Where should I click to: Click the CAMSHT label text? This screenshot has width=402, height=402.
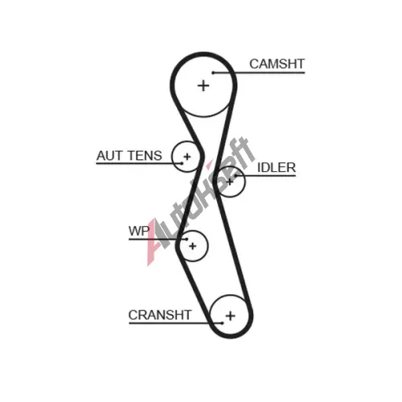pos(277,64)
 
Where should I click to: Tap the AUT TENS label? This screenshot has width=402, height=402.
pos(129,156)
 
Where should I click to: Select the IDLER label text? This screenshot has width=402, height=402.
pos(277,168)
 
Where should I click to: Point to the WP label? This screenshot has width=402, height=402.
pos(139,231)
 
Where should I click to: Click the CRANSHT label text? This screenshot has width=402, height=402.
pos(160,315)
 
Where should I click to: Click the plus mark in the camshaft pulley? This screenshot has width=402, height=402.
pos(203,86)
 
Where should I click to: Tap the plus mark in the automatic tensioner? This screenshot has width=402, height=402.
pos(187,157)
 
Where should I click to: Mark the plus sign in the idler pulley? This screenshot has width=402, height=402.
pos(230,183)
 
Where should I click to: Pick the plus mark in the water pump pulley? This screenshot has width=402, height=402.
pos(193,246)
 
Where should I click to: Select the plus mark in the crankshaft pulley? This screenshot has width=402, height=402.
pos(231,316)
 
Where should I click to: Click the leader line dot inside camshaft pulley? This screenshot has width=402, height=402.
pos(213,72)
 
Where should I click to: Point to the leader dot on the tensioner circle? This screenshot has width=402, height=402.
pos(182,163)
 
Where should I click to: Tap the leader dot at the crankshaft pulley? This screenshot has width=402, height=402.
pos(222,323)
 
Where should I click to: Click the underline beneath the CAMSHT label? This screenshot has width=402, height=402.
pos(259,72)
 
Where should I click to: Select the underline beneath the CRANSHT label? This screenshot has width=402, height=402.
pos(175,323)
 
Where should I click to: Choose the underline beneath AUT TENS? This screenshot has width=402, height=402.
pos(139,163)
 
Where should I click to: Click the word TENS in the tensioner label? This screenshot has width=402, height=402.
pos(145,156)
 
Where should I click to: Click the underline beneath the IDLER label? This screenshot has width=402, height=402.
pos(265,176)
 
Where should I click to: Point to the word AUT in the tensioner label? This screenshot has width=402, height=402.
pos(110,156)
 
